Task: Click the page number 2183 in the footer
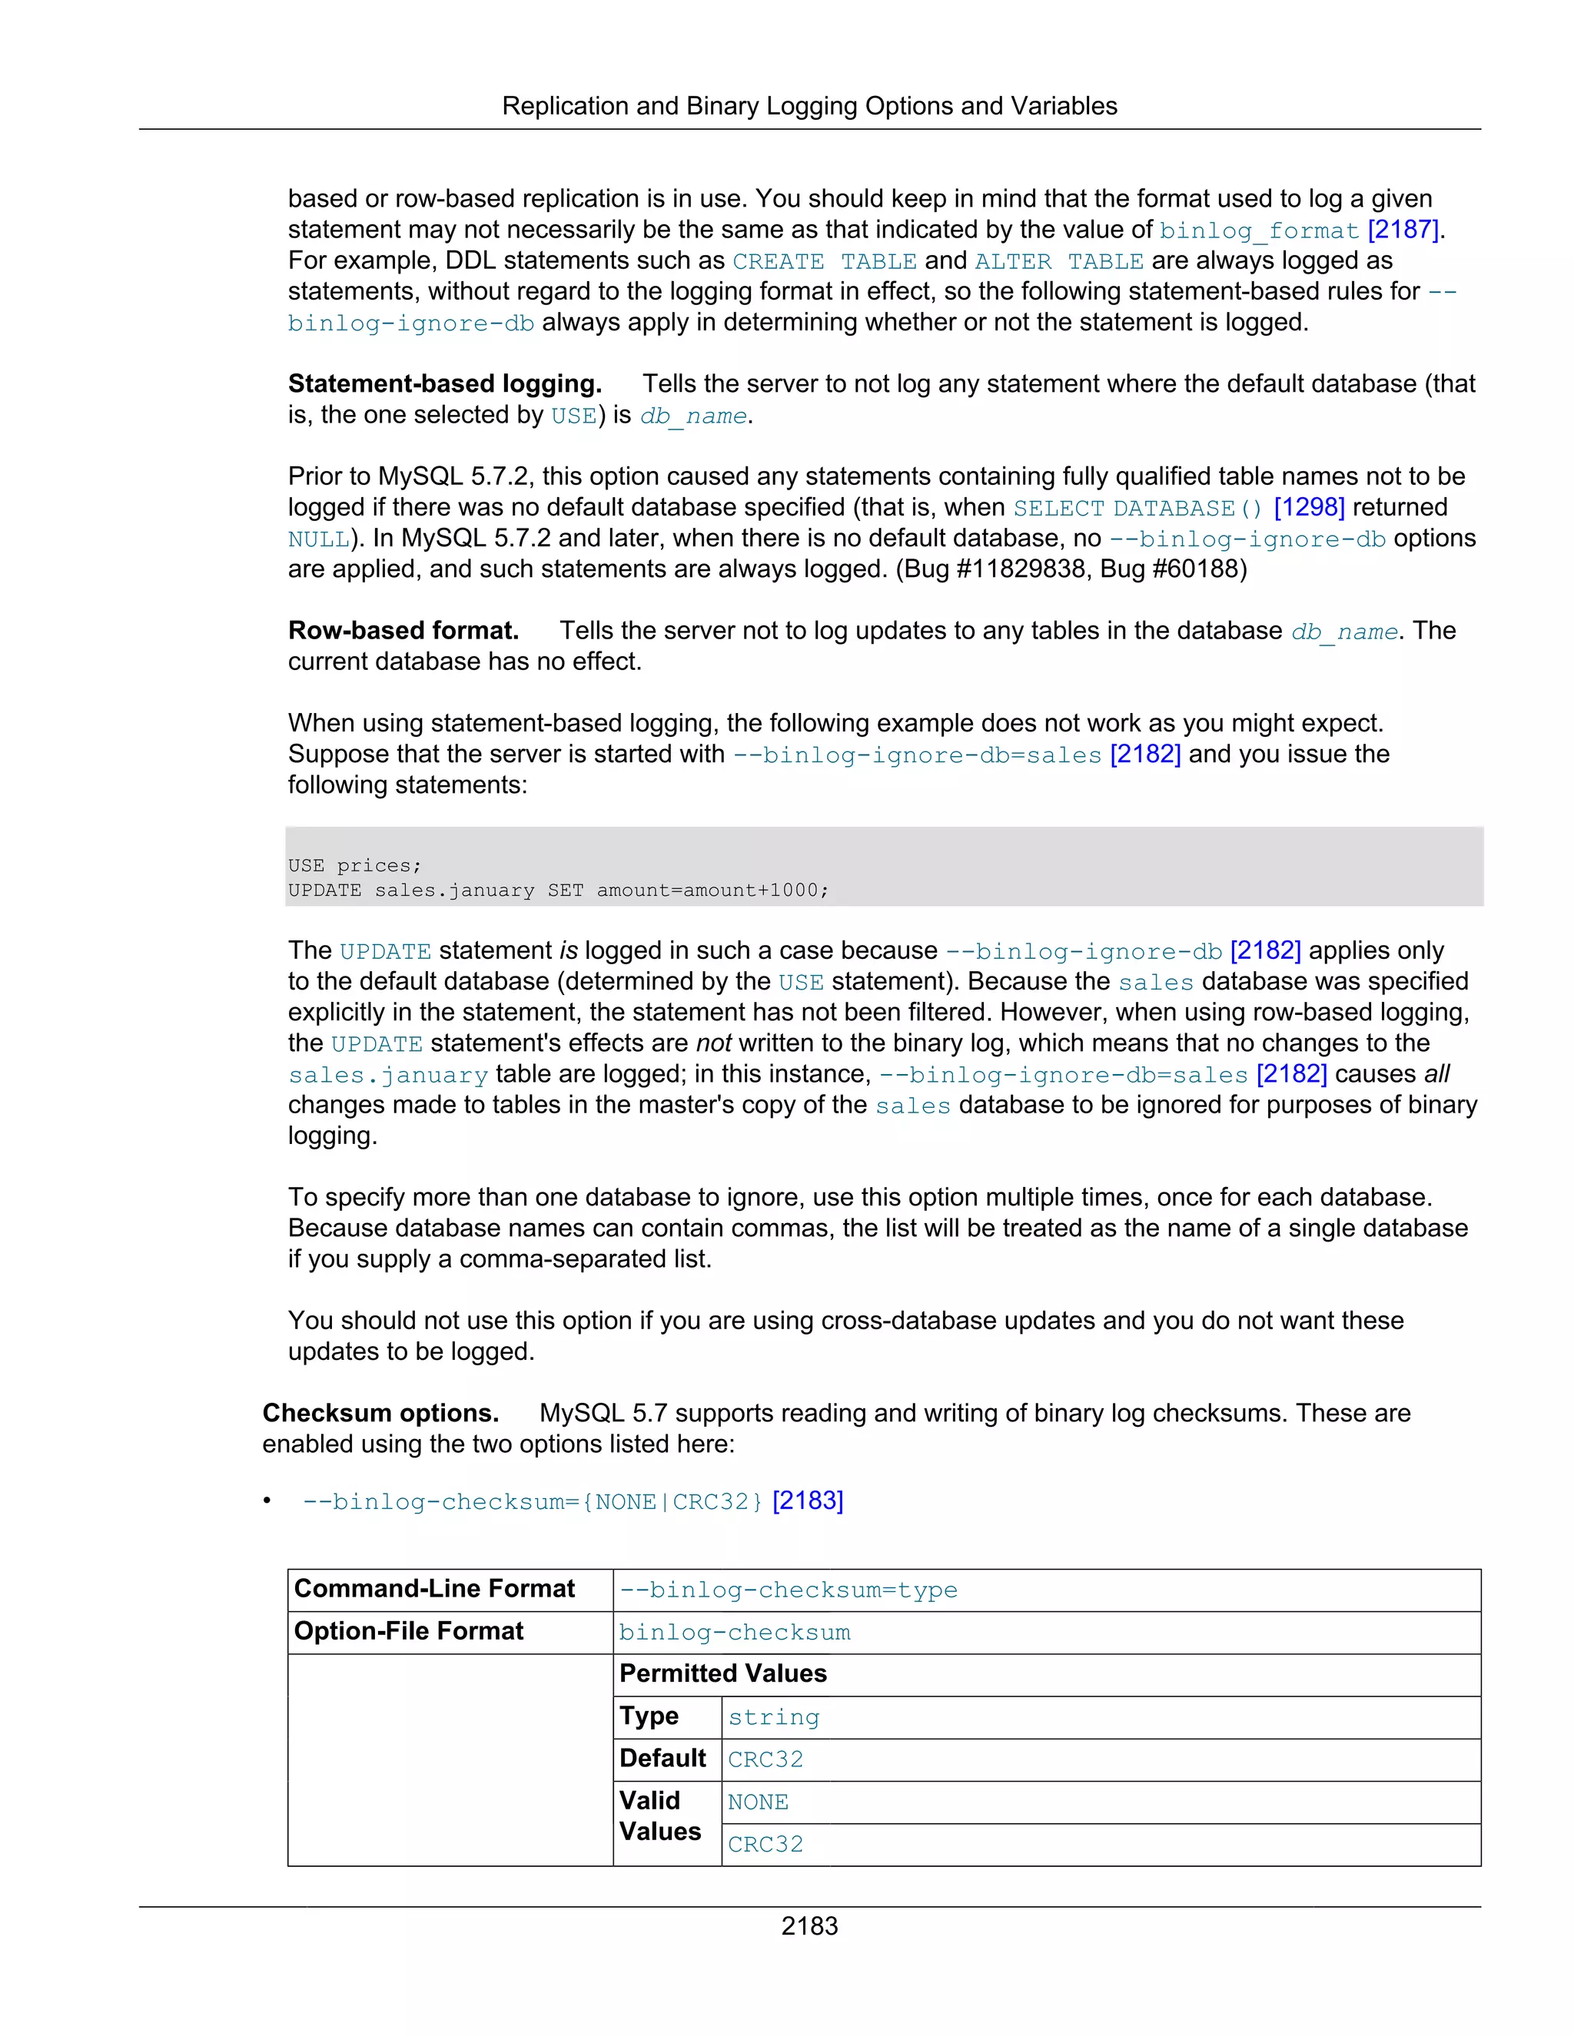tap(809, 1925)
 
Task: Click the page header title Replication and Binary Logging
tap(809, 106)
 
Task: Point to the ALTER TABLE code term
tap(1058, 261)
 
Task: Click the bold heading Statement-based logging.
tap(445, 384)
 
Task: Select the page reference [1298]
tap(1308, 507)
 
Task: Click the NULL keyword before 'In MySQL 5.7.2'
tap(318, 539)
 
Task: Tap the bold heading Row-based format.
tap(403, 631)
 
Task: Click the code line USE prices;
tap(354, 865)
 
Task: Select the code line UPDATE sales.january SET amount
tap(558, 890)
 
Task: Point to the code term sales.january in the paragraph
tap(388, 1075)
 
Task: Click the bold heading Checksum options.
tap(380, 1413)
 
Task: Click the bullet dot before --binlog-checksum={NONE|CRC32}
tap(267, 1500)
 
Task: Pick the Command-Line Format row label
tap(434, 1590)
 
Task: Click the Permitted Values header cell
tap(722, 1673)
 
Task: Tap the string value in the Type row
tap(773, 1717)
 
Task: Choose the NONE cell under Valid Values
tap(757, 1802)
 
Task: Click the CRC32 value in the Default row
tap(765, 1759)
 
